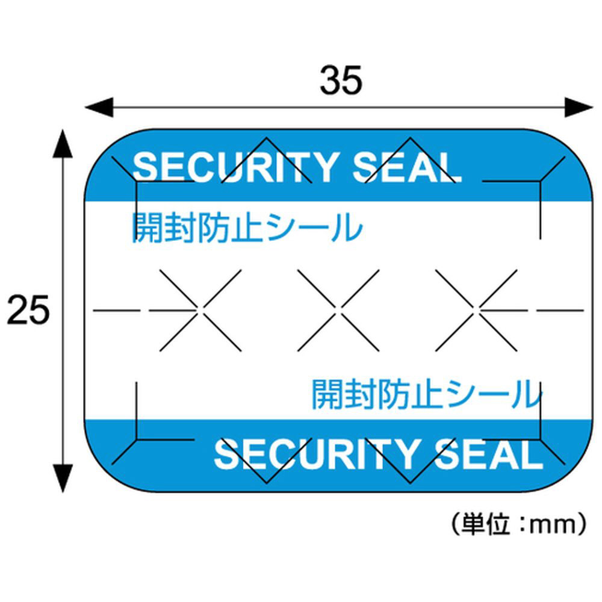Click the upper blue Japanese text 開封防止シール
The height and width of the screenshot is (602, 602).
click(x=247, y=228)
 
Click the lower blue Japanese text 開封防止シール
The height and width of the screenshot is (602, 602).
click(x=426, y=394)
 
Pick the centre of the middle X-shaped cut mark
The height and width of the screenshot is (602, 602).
click(x=338, y=309)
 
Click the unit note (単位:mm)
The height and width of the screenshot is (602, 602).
click(x=518, y=524)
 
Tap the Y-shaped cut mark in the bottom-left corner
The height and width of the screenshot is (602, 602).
click(x=138, y=440)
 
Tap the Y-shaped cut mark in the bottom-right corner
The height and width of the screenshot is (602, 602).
click(x=540, y=440)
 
